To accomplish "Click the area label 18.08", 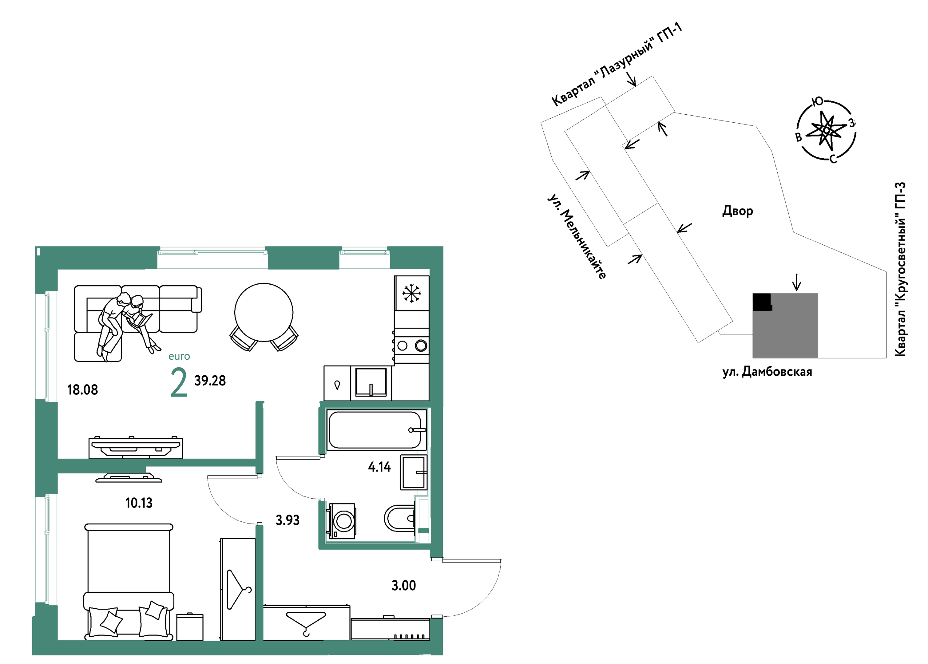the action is tap(83, 390).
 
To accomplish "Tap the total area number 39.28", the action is tap(210, 381).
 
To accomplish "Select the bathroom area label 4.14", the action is tap(379, 467).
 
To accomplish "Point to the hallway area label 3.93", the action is tap(288, 520).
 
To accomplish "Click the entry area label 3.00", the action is tap(404, 586).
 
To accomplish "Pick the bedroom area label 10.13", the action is tap(139, 503).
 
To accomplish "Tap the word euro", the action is tap(179, 357).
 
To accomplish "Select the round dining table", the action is tap(264, 312).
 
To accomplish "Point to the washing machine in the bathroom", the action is tap(341, 521).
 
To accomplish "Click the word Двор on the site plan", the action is tap(737, 211).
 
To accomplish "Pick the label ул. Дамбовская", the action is tap(767, 372).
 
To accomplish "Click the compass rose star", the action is tap(826, 130).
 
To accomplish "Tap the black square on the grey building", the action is tap(762, 302).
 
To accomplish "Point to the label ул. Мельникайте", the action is tap(577, 237).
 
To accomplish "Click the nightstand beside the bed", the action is tap(190, 627).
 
